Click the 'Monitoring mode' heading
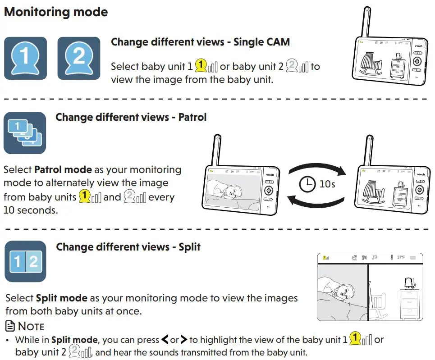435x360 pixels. tap(56, 12)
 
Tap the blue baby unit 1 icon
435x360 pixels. tap(25, 58)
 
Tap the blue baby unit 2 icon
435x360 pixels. tap(79, 58)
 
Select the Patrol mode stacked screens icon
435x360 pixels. tap(25, 133)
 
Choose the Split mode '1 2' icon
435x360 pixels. tap(25, 261)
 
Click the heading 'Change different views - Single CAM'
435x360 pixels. tap(200, 42)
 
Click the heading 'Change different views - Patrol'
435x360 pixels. tap(131, 118)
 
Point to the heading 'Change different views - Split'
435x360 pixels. tap(128, 247)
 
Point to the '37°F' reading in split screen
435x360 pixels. tap(400, 257)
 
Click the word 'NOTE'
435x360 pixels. tap(31, 326)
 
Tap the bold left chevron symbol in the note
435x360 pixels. tap(165, 340)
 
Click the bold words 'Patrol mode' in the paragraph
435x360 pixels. tap(63, 170)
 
